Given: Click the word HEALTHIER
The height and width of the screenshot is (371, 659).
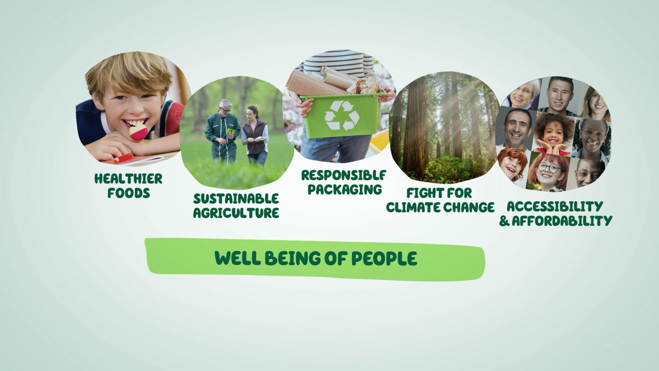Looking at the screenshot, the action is [x=129, y=179].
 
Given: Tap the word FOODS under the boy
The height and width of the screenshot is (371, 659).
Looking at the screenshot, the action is [x=129, y=193].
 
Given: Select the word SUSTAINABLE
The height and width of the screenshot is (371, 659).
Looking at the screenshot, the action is [x=236, y=198].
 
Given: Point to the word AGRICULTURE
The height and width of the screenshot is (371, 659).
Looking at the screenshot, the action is [x=236, y=213].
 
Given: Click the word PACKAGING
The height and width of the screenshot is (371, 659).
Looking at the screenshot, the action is [x=344, y=189].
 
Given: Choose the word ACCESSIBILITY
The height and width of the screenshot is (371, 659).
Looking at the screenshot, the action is [x=555, y=207].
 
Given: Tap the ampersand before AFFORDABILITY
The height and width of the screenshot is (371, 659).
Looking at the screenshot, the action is [x=504, y=221].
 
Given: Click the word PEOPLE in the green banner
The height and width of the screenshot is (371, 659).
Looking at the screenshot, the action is [x=384, y=258].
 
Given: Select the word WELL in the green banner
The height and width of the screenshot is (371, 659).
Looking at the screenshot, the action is [x=238, y=258].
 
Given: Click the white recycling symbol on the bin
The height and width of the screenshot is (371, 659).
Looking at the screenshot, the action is [x=342, y=116].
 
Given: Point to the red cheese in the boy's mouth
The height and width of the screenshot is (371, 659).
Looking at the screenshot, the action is [x=138, y=131].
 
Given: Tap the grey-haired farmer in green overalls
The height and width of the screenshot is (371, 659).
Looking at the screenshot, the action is [x=223, y=131].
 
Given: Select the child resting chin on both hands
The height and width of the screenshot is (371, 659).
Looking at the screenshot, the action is [x=554, y=134].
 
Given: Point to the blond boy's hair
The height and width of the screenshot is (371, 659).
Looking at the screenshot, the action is [x=130, y=74].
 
